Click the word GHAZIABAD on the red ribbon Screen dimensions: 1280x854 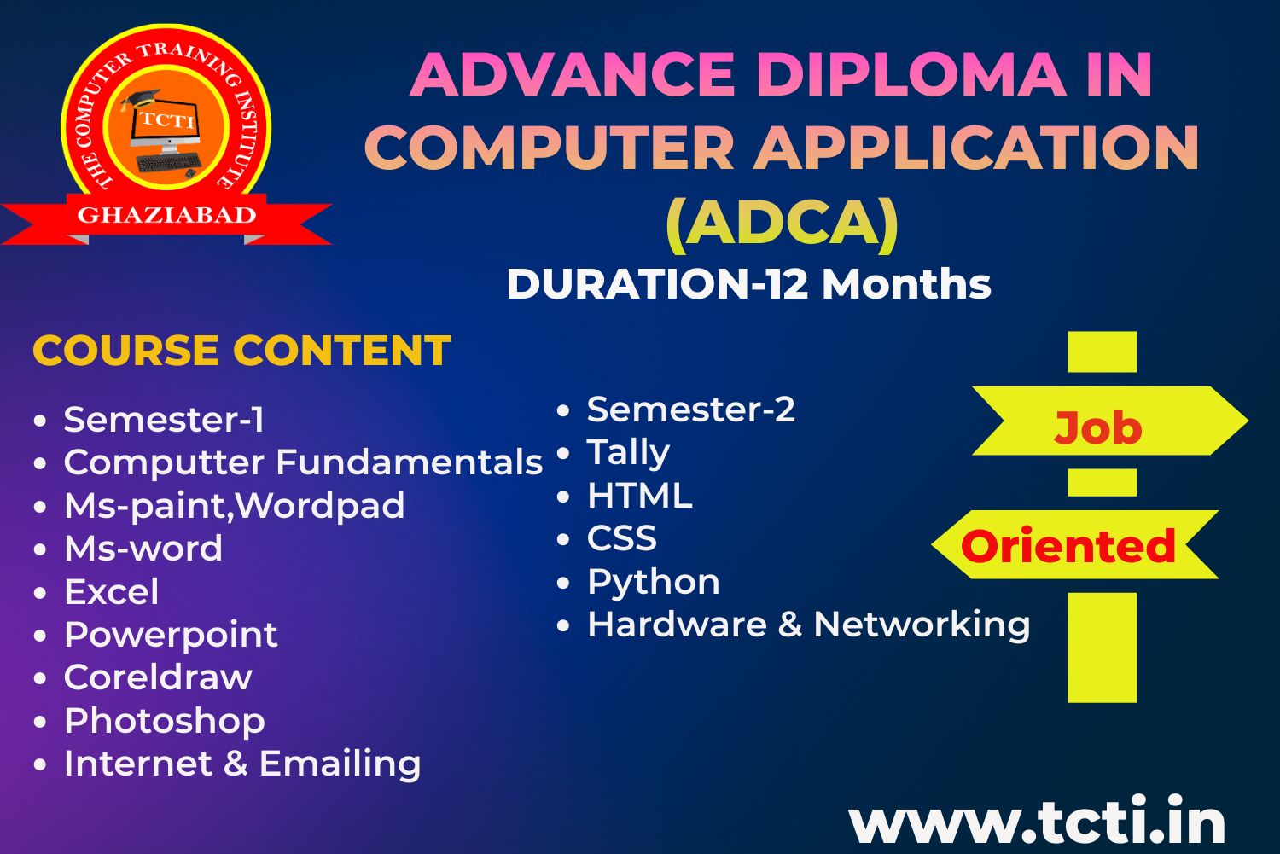166,215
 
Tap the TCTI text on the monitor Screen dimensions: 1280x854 167,120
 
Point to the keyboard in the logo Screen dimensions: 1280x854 169,163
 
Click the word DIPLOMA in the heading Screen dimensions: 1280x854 912,75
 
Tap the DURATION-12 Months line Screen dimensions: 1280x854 748,284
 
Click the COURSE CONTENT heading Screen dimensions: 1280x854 241,350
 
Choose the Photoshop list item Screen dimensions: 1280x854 165,722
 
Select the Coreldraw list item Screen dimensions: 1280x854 158,677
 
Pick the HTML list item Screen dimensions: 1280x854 640,496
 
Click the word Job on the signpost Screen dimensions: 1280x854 1097,428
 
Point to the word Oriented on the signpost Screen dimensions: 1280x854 1068,545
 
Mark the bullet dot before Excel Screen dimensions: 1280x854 40,592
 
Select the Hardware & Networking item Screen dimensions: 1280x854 809,624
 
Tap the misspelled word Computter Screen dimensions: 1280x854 164,462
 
